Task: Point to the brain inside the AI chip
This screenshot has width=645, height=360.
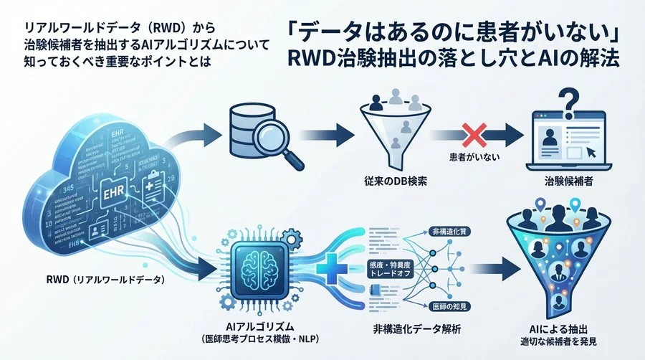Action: click(256, 261)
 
